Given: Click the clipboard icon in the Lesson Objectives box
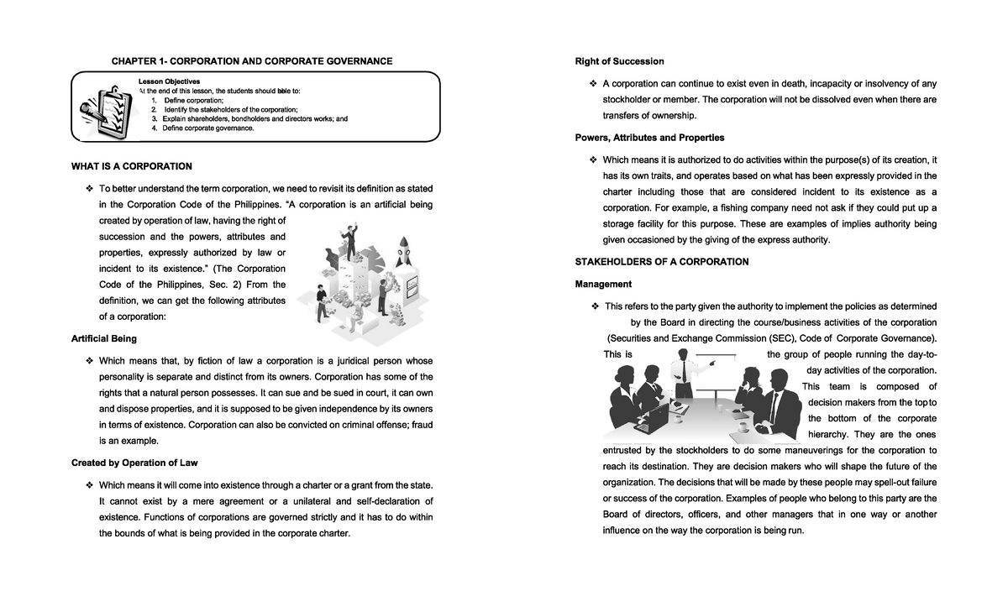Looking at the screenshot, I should (102, 107).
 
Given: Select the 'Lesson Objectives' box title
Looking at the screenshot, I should (169, 81).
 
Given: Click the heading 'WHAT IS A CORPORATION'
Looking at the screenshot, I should (132, 166).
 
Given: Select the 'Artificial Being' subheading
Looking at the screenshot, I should (104, 339).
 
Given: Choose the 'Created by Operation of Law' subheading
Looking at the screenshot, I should (134, 463).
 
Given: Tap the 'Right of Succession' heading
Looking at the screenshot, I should (619, 61).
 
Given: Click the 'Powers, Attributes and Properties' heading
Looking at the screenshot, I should (649, 138).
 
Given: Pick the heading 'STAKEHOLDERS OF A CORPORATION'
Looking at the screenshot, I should (661, 262).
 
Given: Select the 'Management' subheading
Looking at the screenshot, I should (603, 285).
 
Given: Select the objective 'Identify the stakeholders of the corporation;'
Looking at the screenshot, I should (230, 110).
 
